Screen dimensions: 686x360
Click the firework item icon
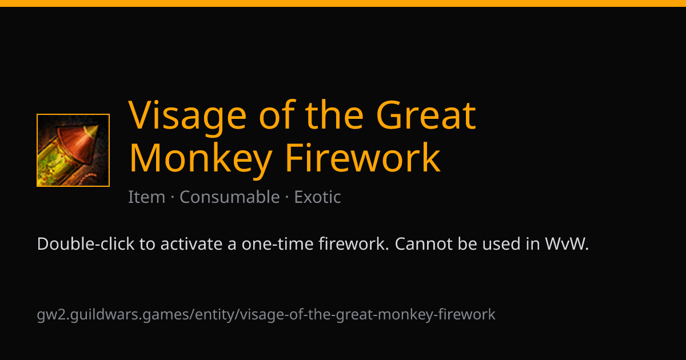(73, 150)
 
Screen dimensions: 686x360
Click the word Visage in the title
(188, 115)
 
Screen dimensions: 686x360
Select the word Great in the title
(426, 115)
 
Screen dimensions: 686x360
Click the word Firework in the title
(363, 158)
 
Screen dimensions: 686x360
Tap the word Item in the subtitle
(146, 197)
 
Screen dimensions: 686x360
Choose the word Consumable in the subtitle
(230, 197)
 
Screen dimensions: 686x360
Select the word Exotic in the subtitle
(318, 197)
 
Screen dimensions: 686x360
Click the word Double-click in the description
(86, 244)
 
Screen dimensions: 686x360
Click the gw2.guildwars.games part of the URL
(113, 315)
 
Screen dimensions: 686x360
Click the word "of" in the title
(277, 115)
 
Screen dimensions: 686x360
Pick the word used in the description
(502, 244)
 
